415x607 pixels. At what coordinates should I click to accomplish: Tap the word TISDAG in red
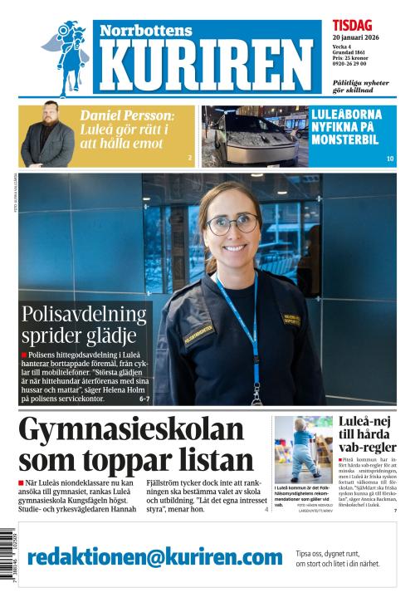(x=352, y=26)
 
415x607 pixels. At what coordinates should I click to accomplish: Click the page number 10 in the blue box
(x=389, y=159)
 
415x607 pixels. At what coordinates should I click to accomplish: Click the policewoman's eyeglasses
(x=233, y=223)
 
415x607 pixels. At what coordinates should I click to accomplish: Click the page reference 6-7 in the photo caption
(x=144, y=399)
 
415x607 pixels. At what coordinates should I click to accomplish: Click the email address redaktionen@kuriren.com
(x=155, y=556)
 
